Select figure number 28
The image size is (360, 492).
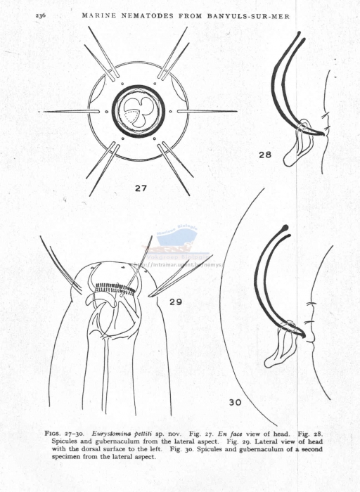(x=265, y=155)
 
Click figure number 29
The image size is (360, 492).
(x=176, y=302)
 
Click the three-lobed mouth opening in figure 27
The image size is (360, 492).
(x=138, y=111)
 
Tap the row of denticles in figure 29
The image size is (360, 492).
(x=115, y=287)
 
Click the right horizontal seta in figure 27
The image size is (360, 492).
(x=207, y=111)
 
